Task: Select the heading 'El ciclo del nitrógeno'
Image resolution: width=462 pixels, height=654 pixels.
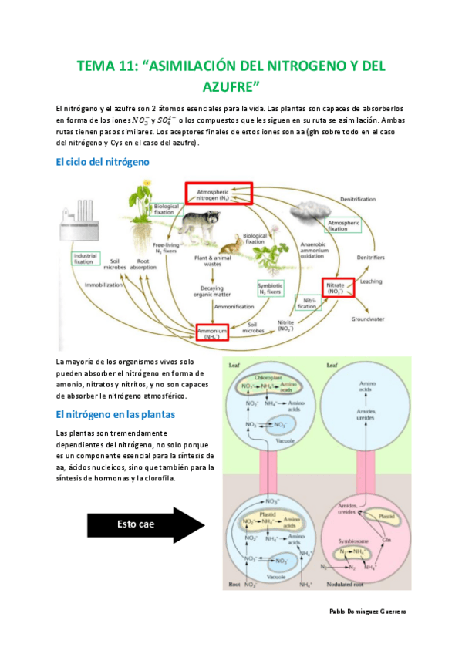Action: click(103, 162)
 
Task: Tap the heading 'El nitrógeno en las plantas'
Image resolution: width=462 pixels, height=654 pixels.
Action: click(116, 414)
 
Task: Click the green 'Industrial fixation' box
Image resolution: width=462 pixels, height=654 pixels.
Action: click(86, 259)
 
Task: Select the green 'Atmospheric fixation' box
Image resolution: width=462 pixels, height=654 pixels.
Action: click(343, 225)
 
